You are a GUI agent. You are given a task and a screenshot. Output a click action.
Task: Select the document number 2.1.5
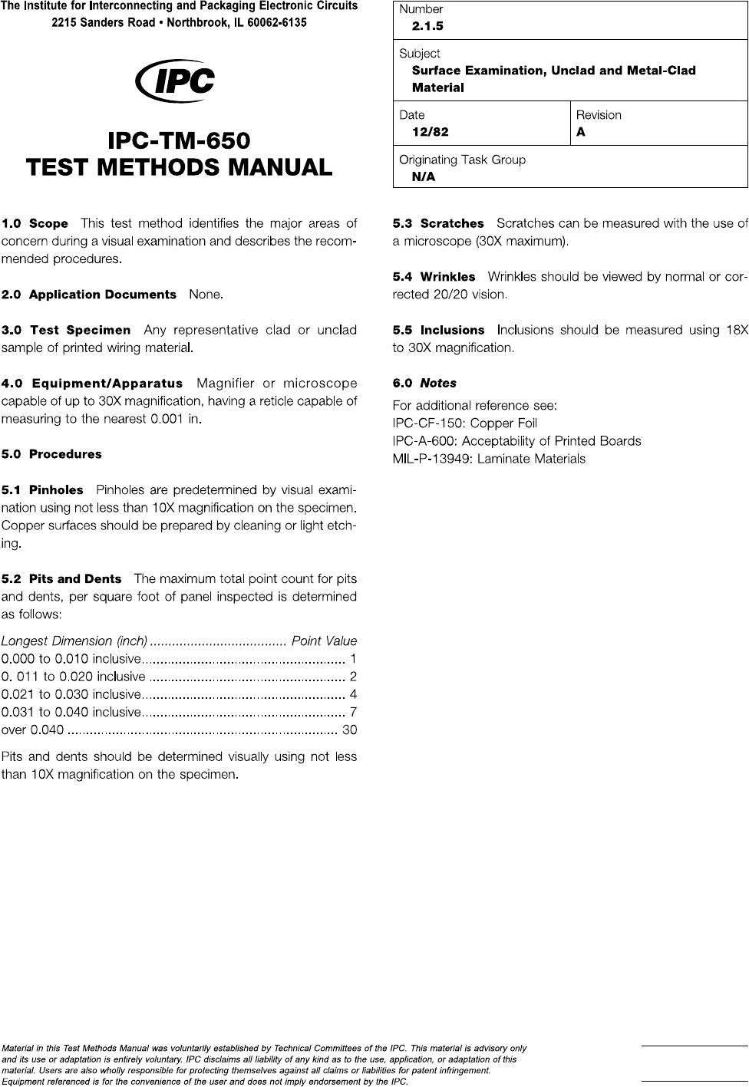coord(427,26)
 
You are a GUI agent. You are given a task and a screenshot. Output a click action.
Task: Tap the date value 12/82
coord(430,131)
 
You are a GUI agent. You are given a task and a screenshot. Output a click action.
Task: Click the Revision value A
coord(581,131)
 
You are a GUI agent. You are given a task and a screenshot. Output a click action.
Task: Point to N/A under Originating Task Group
coord(424,176)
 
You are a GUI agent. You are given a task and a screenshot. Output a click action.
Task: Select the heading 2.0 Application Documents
coord(89,295)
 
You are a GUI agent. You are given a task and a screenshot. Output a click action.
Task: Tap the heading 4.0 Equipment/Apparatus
coord(92,384)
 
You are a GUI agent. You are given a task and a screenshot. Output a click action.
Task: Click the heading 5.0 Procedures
coord(51,454)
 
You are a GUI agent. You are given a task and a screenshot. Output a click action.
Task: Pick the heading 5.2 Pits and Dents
coord(61,579)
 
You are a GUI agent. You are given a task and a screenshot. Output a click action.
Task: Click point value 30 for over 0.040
coord(349,730)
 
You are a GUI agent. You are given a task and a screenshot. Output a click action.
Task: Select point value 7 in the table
coord(353,712)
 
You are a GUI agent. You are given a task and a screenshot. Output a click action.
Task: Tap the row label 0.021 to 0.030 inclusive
coord(71,694)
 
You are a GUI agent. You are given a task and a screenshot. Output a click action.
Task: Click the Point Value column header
coord(325,641)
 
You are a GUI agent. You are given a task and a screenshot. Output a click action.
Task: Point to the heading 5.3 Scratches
coord(438,224)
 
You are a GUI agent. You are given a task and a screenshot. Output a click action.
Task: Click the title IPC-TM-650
coord(180,142)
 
